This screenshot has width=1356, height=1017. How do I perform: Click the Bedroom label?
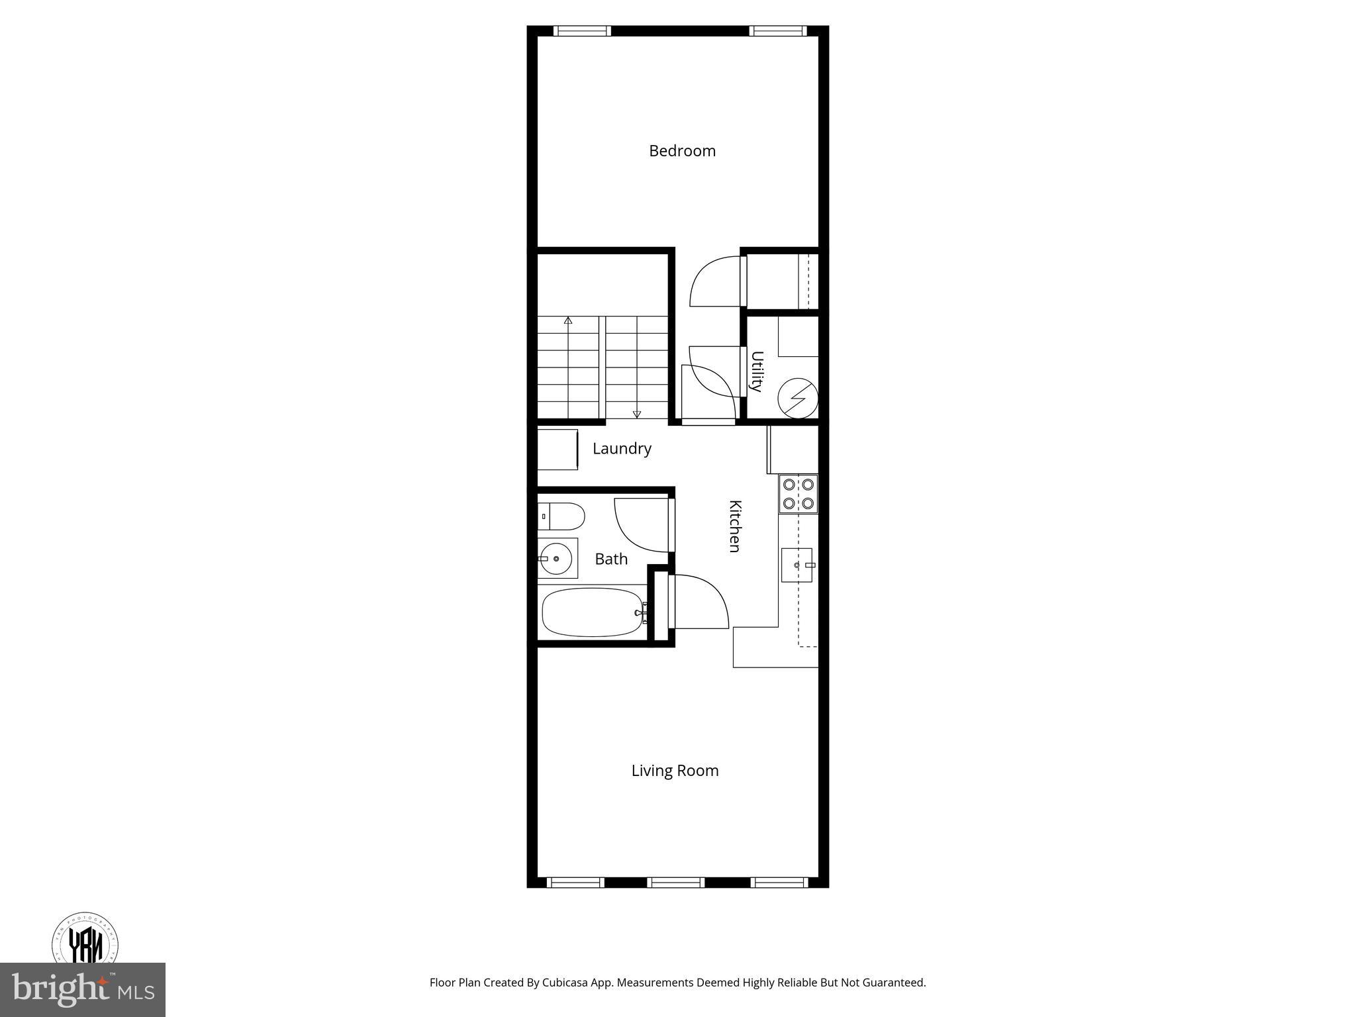pos(682,151)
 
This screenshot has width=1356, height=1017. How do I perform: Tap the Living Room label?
pos(675,771)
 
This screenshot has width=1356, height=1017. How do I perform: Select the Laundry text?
pos(622,449)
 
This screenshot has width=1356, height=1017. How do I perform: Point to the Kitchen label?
pos(734,526)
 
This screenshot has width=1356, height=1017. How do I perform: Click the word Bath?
pos(611,559)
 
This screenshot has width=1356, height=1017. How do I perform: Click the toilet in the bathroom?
pos(561,516)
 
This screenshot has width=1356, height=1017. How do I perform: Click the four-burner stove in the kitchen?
pos(799,494)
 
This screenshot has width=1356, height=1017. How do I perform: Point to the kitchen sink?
pos(797,565)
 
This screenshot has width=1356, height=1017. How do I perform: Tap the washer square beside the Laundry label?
pos(557,450)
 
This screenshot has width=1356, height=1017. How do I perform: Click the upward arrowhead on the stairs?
pos(568,320)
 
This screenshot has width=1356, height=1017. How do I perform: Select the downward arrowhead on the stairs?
pos(637,414)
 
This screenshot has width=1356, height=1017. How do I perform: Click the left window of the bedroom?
pos(582,30)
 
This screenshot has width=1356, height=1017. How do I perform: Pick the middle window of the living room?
pos(675,883)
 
